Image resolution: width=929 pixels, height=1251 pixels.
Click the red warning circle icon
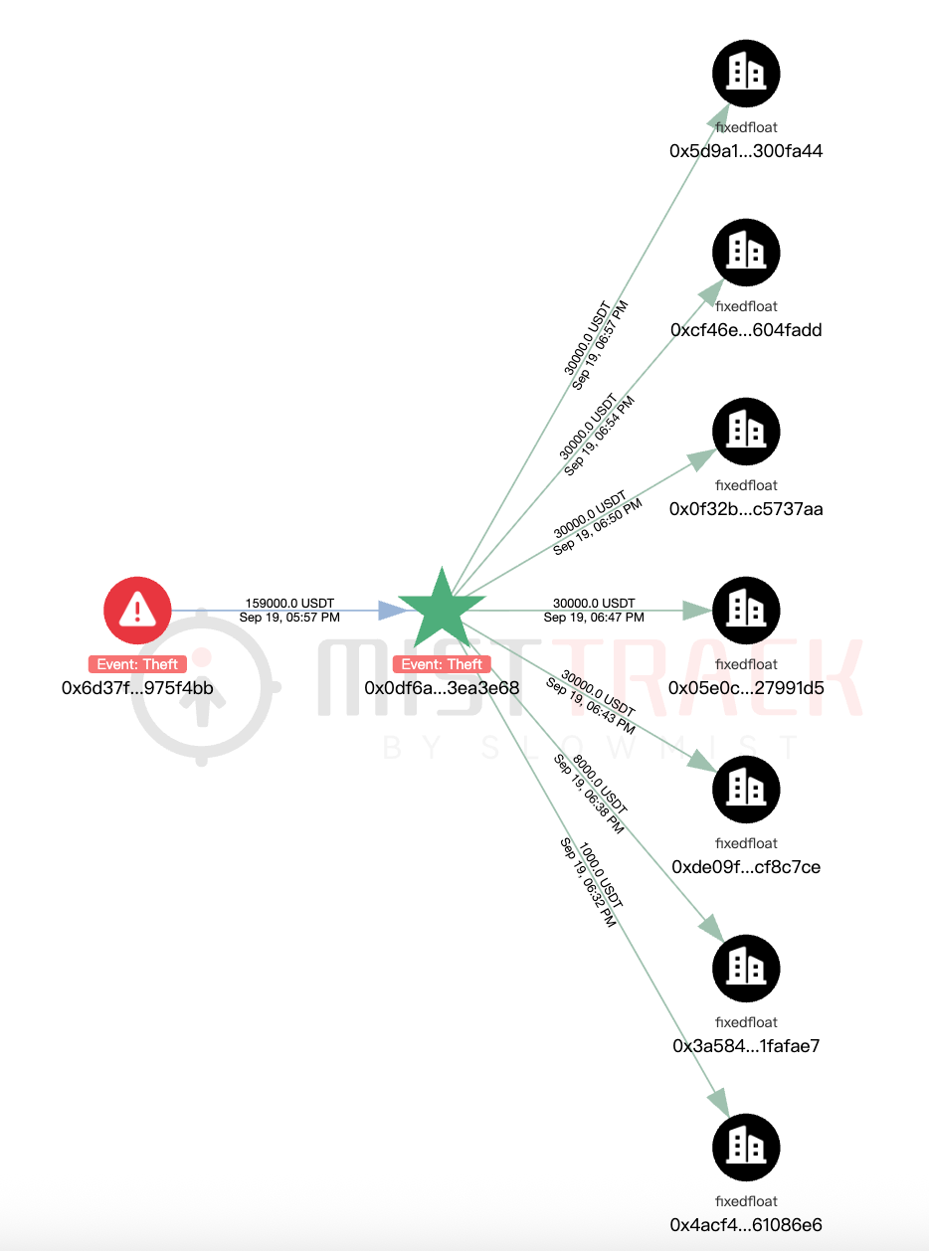coord(137,611)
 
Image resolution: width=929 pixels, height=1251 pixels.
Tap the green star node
coord(442,611)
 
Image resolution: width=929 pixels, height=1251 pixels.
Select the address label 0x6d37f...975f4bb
coord(137,688)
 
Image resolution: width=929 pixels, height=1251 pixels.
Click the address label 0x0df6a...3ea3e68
coord(442,688)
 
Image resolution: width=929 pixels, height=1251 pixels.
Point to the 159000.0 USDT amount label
coord(289,603)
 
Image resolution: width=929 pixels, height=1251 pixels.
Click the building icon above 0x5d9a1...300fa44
coord(746,74)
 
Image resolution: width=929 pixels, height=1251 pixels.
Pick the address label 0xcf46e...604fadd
coord(746,330)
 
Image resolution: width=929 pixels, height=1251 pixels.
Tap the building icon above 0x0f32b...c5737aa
coord(746,432)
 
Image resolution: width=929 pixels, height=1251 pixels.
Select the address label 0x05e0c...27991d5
coord(746,688)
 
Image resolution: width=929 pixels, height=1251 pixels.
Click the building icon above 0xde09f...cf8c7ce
coord(746,789)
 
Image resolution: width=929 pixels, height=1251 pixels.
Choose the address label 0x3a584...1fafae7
coord(746,1046)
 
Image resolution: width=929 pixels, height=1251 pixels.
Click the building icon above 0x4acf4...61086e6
coord(746,1148)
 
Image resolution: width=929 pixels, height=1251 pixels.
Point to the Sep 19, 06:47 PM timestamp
coord(594,618)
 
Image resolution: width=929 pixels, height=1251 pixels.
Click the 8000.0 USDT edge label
coord(601,784)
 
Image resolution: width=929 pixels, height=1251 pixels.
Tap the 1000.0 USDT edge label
coord(601,875)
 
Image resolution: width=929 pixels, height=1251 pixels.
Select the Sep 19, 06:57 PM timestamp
coord(600,345)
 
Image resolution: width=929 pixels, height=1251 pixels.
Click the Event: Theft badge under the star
coord(442,664)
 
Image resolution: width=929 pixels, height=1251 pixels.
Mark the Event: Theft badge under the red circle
coord(137,664)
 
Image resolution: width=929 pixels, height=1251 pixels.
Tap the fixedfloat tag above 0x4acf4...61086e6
coord(746,1201)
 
